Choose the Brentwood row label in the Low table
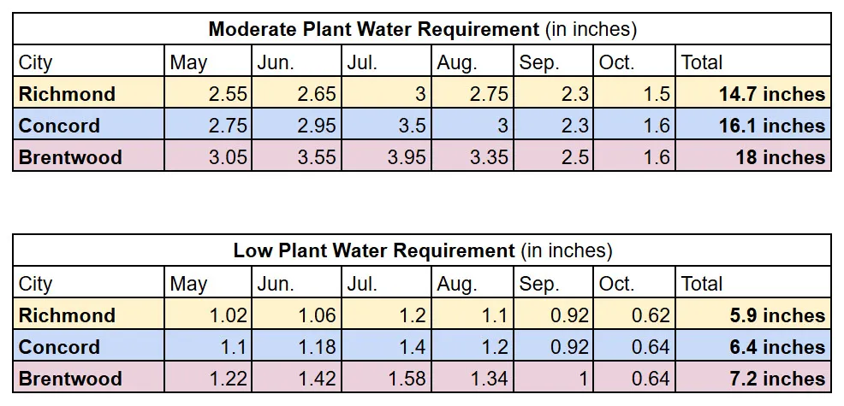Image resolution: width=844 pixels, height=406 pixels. [70, 379]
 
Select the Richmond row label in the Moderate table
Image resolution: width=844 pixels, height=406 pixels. [67, 94]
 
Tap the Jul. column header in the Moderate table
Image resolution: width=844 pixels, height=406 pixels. [363, 62]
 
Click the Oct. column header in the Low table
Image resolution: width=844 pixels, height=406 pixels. [616, 284]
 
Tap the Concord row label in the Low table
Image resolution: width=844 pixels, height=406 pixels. [59, 347]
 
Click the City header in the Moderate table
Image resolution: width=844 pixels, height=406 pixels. [36, 62]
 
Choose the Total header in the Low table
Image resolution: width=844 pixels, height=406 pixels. [702, 284]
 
